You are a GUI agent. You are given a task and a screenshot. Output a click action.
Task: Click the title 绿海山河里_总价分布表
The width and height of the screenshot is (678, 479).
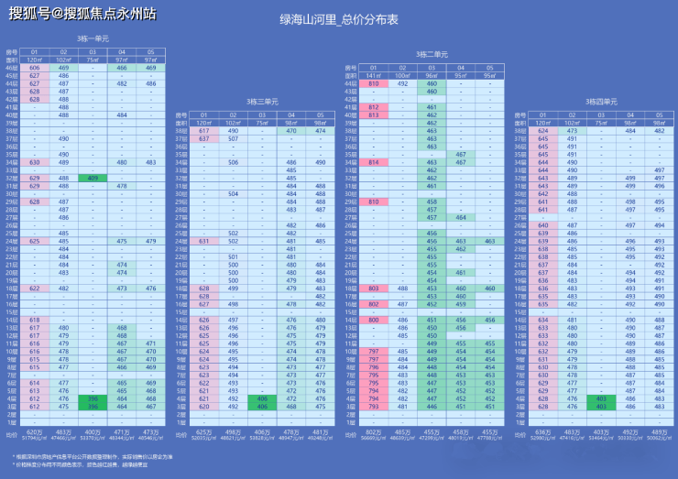[339, 18]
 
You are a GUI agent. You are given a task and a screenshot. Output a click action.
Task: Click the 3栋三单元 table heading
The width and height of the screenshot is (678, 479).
[262, 101]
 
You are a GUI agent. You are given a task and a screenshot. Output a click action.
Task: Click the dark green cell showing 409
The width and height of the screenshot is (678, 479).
[93, 178]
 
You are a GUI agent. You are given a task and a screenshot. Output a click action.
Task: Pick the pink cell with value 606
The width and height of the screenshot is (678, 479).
[35, 68]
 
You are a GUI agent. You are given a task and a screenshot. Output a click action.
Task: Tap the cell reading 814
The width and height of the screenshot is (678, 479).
[374, 162]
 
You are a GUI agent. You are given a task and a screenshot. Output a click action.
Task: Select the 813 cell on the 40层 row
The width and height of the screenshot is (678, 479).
[374, 114]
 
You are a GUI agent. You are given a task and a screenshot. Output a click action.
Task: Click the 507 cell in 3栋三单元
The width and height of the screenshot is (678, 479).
[233, 138]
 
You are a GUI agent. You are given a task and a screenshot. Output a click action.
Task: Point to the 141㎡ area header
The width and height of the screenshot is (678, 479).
[374, 75]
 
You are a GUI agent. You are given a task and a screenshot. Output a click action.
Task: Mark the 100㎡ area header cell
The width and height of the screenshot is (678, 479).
[402, 75]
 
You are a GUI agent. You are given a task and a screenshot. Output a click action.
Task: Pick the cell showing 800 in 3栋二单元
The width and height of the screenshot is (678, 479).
[374, 320]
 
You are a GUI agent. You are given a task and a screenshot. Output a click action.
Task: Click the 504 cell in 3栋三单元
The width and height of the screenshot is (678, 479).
[233, 193]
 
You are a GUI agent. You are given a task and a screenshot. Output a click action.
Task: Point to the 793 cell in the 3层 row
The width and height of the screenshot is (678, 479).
[374, 406]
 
